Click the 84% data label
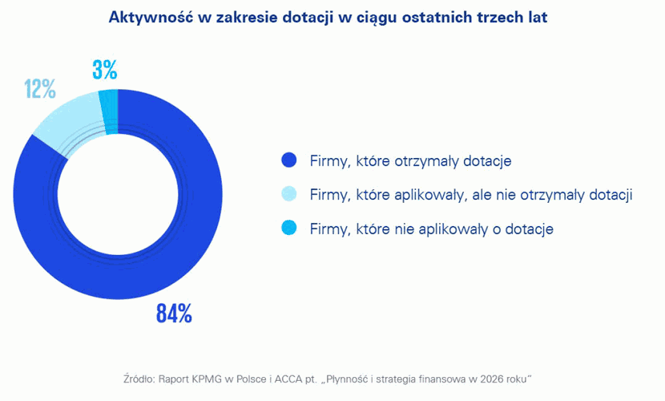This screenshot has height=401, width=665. [x=174, y=314]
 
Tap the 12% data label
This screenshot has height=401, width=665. [x=39, y=88]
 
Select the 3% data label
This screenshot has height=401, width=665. [x=104, y=71]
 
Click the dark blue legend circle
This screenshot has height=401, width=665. [x=289, y=161]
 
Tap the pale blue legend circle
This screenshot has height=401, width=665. [x=289, y=195]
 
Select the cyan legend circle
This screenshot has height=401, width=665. [x=289, y=229]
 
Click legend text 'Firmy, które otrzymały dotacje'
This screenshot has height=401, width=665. [x=410, y=161]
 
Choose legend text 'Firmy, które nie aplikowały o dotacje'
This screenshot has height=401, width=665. [x=432, y=229]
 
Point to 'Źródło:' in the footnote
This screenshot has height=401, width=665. [x=141, y=377]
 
